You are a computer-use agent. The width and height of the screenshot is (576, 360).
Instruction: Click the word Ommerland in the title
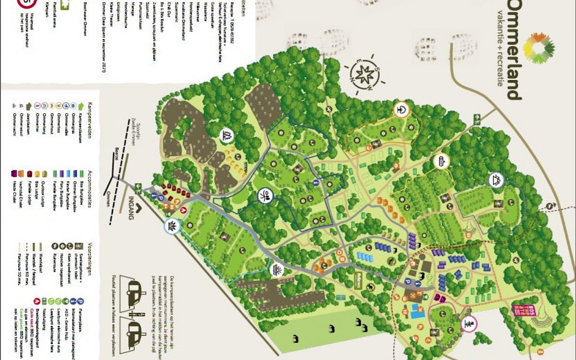coord(513,48)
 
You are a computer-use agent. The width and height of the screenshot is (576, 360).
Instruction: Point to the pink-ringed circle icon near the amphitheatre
coord(469,324)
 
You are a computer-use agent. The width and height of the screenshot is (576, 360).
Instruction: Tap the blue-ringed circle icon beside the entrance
coord(172,226)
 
